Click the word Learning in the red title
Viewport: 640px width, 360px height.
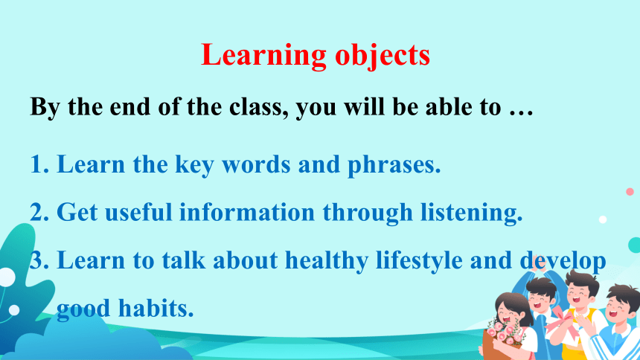(263, 56)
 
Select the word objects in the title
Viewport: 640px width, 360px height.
(383, 56)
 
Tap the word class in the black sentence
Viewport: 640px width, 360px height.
(255, 107)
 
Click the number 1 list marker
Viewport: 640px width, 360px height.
(39, 164)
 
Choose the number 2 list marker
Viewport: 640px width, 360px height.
(39, 212)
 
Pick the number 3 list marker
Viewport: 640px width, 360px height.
(39, 260)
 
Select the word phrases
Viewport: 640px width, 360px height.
(394, 165)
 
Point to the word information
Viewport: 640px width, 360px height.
(247, 212)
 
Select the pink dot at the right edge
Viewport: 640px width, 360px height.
(630, 191)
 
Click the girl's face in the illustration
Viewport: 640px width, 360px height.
(509, 313)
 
